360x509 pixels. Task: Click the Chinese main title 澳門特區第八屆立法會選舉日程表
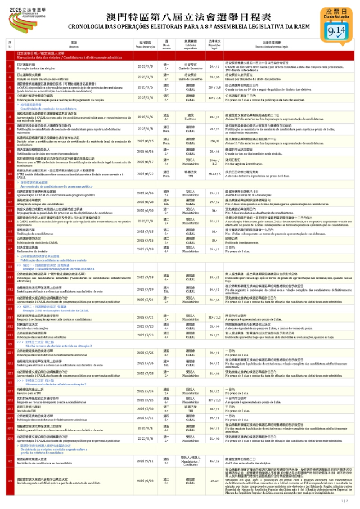coord(189,17)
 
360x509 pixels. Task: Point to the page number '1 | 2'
coord(345,500)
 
